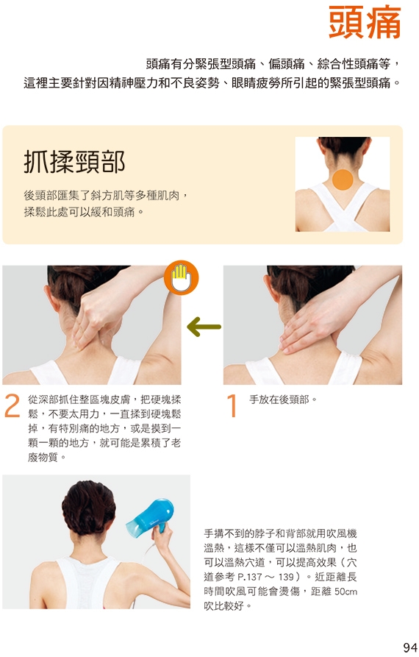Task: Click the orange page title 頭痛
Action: (365, 22)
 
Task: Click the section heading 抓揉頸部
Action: (74, 162)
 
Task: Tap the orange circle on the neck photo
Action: (343, 180)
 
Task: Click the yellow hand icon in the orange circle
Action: (181, 277)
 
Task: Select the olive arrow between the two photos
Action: (204, 327)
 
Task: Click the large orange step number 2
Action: (12, 406)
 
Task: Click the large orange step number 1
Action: (232, 406)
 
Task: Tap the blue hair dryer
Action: (151, 514)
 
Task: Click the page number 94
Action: (409, 647)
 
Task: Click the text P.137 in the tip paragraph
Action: (250, 577)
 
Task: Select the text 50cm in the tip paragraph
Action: (345, 592)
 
